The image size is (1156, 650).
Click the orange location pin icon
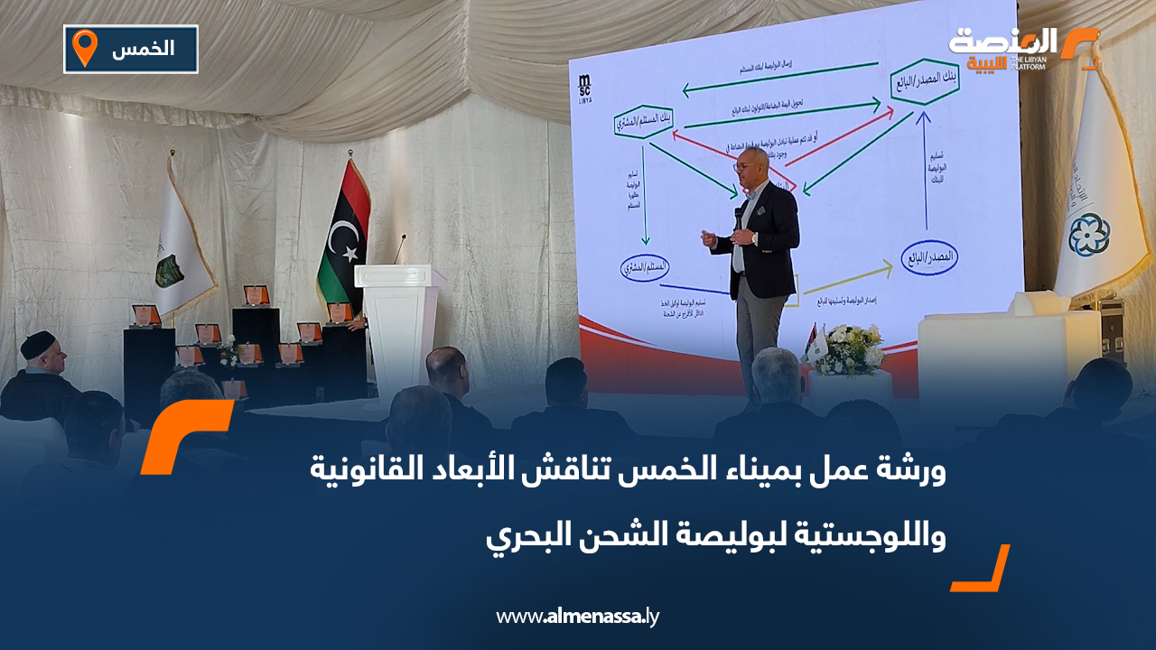pos(84,47)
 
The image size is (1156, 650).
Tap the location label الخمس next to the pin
pos(144,49)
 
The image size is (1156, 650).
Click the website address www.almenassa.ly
pos(577,617)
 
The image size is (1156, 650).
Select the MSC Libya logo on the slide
pos(584,89)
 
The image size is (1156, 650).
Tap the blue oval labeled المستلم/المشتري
pos(647,267)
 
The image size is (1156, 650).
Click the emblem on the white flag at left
pos(170,269)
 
